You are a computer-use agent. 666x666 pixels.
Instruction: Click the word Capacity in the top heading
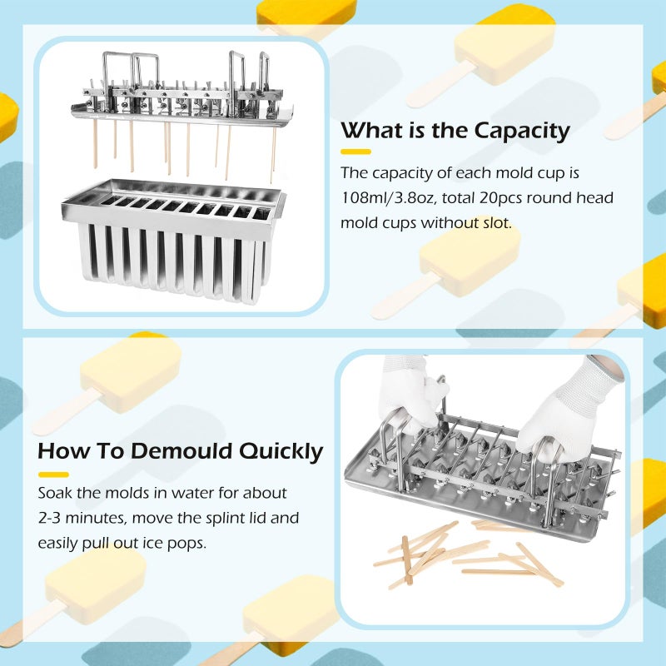[522, 132]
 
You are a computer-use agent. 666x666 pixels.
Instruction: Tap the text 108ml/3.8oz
[389, 198]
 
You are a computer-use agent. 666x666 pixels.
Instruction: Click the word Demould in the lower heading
[181, 450]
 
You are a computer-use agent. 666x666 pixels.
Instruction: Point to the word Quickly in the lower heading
[281, 452]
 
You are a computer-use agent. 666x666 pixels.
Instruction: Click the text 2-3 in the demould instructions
[49, 518]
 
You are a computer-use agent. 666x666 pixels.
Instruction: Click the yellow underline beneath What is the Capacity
[356, 152]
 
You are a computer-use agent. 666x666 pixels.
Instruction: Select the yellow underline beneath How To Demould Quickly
[53, 475]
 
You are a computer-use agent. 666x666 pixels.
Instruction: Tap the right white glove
[565, 408]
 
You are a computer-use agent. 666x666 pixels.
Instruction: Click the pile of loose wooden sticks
[467, 554]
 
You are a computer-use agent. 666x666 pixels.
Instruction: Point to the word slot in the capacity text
[496, 223]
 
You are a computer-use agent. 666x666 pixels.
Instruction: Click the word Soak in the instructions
[55, 493]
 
